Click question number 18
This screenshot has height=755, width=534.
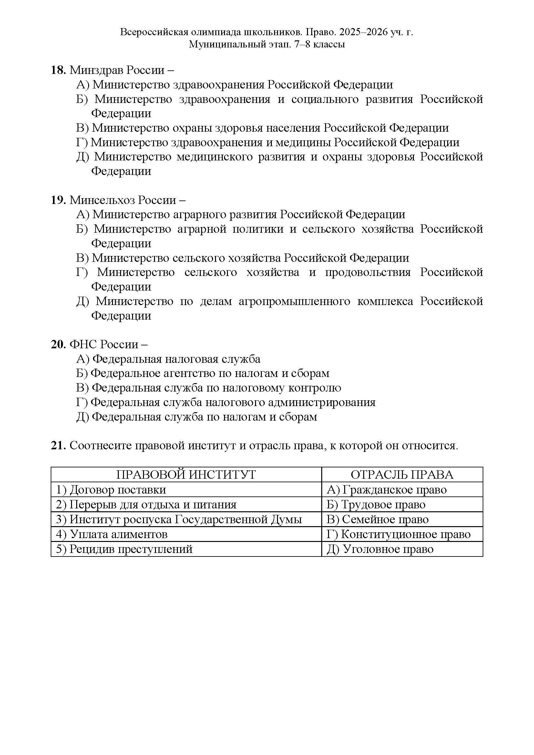pyautogui.click(x=58, y=70)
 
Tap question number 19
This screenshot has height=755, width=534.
pyautogui.click(x=58, y=200)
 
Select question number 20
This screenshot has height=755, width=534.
pyautogui.click(x=58, y=344)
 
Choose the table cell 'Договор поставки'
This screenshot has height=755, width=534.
pyautogui.click(x=118, y=490)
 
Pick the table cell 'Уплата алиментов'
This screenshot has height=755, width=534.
pyautogui.click(x=118, y=534)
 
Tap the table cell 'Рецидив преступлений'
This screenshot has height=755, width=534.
pyautogui.click(x=131, y=549)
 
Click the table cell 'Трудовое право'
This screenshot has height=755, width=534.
pyautogui.click(x=383, y=505)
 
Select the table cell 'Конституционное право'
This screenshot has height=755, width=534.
pyautogui.click(x=406, y=534)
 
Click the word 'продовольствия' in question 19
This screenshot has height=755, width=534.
pyautogui.click(x=368, y=272)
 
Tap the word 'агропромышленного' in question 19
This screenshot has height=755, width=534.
pyautogui.click(x=294, y=301)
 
